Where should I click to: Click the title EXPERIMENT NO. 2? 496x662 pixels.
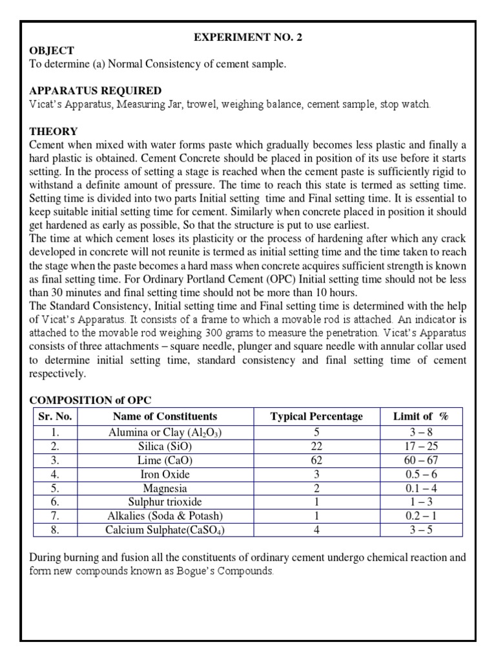pos(248,37)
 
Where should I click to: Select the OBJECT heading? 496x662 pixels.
pos(52,50)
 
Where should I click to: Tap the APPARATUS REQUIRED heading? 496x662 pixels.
pos(96,90)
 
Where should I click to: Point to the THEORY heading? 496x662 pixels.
pos(53,131)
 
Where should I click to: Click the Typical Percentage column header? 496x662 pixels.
pos(316,416)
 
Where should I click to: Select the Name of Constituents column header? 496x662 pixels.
pos(165,416)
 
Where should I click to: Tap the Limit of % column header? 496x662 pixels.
pos(420,416)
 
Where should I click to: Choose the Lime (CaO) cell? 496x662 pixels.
pos(165,461)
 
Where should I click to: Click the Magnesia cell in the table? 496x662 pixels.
pos(165,488)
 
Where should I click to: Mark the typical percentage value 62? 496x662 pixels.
pos(316,461)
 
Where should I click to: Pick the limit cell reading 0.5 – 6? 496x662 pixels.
pos(420,475)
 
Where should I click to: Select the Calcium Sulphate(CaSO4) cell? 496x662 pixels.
pos(165,530)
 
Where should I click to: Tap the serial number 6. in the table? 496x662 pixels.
pos(56,502)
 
